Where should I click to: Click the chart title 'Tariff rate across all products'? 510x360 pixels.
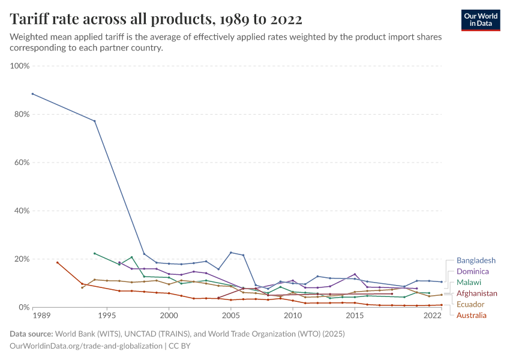(156, 19)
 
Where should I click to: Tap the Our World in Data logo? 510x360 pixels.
(480, 20)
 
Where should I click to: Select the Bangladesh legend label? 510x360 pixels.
(476, 260)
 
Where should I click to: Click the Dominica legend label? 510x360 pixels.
(472, 271)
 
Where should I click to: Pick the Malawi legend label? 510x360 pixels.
(470, 282)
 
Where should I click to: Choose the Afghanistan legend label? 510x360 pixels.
(476, 293)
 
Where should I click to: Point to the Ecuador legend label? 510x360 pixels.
(470, 304)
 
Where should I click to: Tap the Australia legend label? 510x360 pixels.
(472, 315)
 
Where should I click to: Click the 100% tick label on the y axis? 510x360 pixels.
(20, 65)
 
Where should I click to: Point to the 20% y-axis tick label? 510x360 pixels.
(21, 259)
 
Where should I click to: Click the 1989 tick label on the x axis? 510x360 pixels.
(41, 315)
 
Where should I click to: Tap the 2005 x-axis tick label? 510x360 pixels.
(231, 315)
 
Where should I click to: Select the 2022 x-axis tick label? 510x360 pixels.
(433, 315)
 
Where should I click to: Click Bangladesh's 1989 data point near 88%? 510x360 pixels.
(32, 94)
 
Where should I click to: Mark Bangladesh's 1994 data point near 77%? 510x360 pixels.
(94, 121)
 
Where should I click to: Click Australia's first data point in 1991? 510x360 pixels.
(57, 262)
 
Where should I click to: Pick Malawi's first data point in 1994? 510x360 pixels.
(94, 253)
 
